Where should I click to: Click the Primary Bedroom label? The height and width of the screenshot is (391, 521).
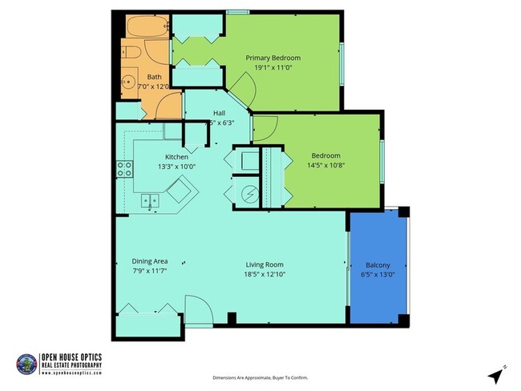(273, 58)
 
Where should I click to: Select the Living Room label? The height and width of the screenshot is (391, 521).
(265, 264)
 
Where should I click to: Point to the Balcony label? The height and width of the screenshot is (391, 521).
(378, 264)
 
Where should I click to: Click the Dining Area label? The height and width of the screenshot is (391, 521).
(149, 261)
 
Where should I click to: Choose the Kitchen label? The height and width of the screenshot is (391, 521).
(176, 156)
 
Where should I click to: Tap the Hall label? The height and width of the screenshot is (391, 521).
(219, 113)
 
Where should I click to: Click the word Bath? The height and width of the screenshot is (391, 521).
(153, 77)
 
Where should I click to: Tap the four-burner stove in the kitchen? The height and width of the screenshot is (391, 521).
(125, 168)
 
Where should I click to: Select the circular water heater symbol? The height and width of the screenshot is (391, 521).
(248, 193)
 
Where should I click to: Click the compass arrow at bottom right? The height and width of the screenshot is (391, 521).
(496, 373)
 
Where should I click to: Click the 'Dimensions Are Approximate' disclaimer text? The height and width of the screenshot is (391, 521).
(260, 377)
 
